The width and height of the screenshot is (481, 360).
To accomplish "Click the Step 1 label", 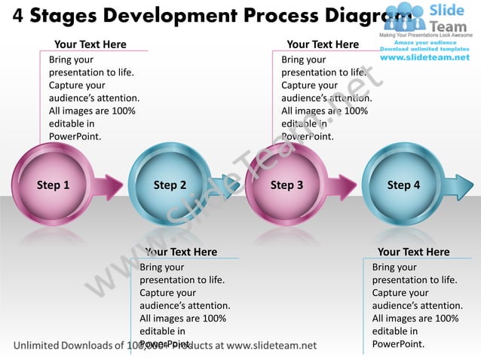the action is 53,185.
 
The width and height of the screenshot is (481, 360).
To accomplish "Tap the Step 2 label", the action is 170,185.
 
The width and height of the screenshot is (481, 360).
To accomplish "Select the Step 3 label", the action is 286,185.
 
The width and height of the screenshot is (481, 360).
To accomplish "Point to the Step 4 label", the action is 403,185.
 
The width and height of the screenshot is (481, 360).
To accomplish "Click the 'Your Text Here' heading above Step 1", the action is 90,44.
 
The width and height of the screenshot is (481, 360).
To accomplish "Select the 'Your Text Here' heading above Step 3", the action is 323,44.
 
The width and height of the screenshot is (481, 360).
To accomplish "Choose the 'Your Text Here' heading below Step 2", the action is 181,252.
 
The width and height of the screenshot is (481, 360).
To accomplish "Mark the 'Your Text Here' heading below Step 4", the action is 413,252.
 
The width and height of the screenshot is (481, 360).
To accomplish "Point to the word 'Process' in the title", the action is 287,15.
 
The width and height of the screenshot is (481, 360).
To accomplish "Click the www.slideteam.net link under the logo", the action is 424,57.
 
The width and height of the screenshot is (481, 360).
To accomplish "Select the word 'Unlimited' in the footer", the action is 41,346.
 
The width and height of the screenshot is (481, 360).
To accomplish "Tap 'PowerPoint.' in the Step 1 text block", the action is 75,136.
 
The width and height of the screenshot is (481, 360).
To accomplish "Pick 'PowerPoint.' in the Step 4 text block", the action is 398,344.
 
